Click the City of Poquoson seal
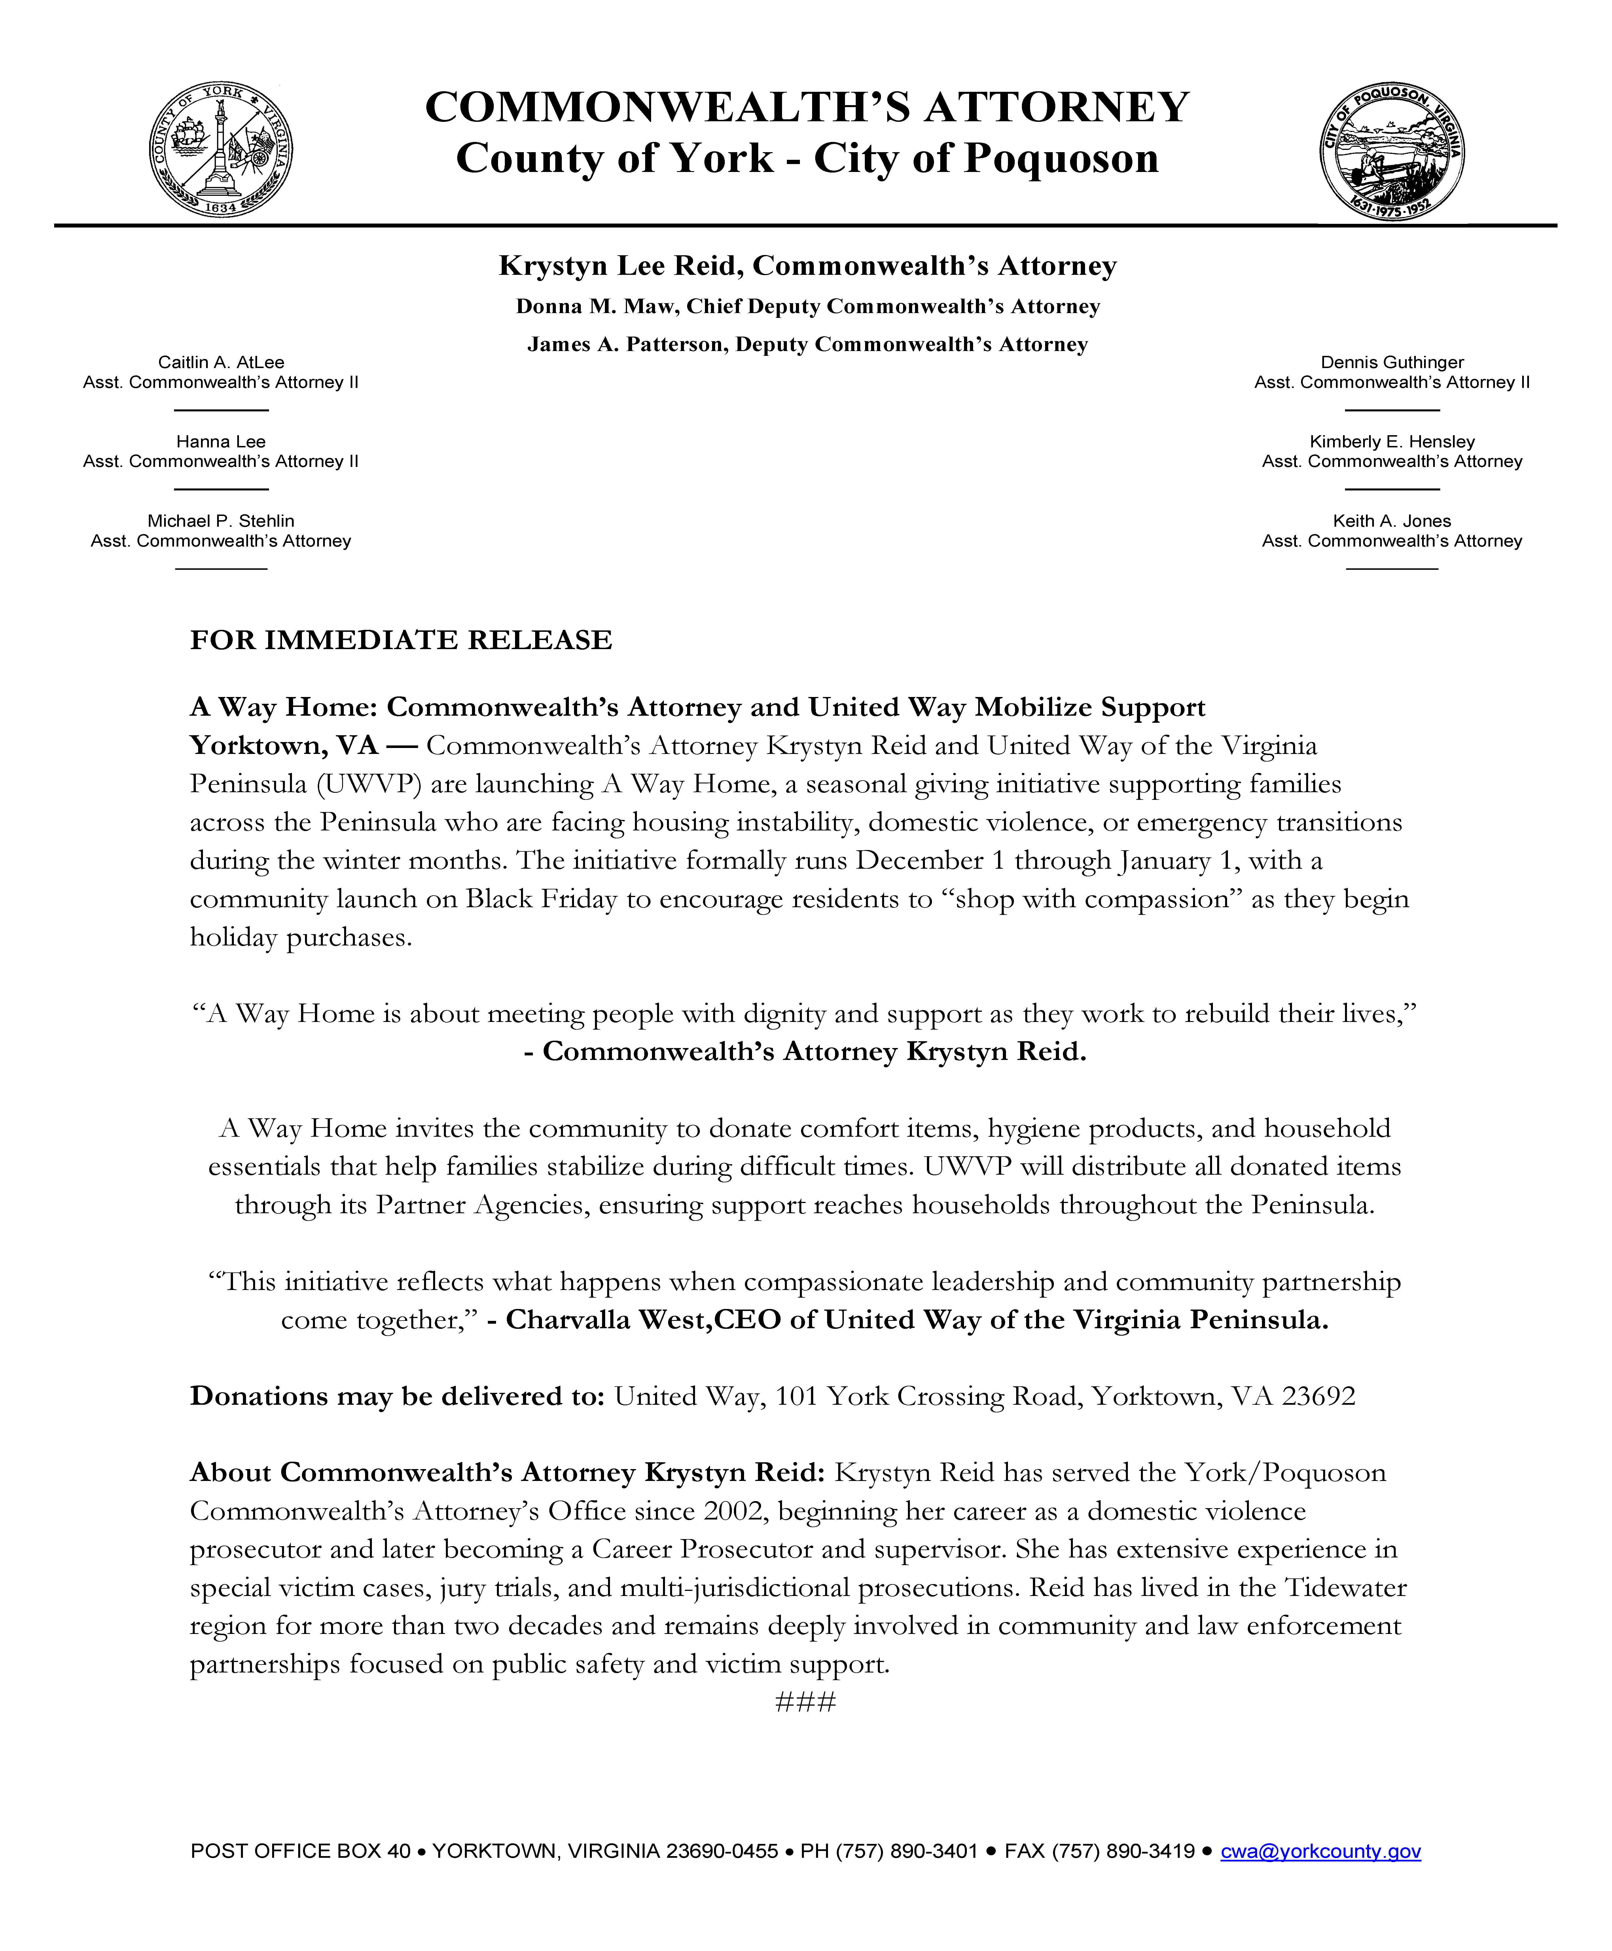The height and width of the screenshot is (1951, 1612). [x=1392, y=151]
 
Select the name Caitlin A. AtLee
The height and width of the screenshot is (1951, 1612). [x=221, y=362]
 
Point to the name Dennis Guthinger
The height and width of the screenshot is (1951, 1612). [x=1392, y=362]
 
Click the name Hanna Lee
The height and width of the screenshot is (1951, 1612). [x=221, y=442]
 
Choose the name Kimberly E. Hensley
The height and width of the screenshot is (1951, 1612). [x=1392, y=442]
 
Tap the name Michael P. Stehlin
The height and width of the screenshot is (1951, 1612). [x=221, y=521]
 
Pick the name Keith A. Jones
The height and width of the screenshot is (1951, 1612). [x=1392, y=521]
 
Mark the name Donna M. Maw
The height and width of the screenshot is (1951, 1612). [x=594, y=306]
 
